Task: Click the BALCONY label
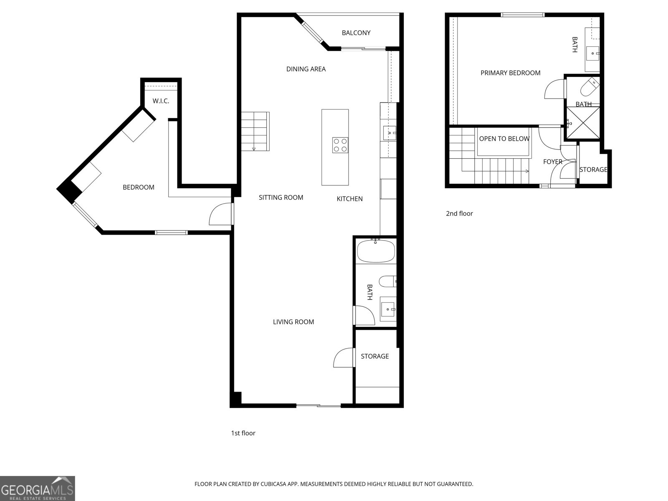(x=356, y=33)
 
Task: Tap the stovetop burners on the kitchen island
(x=340, y=145)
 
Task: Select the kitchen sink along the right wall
(x=390, y=134)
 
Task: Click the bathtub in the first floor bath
(x=376, y=251)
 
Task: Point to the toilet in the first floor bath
(x=387, y=281)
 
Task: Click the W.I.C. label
(x=161, y=101)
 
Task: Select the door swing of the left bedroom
(x=220, y=214)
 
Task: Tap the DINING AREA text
(x=306, y=69)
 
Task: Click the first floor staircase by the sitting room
(x=255, y=132)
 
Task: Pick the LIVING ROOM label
(x=293, y=322)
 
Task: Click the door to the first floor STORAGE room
(x=344, y=358)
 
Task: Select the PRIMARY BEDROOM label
(x=510, y=73)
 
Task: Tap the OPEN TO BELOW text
(x=504, y=139)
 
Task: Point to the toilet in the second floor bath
(x=589, y=87)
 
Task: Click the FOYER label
(x=552, y=162)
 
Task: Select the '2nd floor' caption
(x=459, y=214)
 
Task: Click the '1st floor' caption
(x=243, y=433)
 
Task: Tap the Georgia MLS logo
(x=37, y=488)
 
